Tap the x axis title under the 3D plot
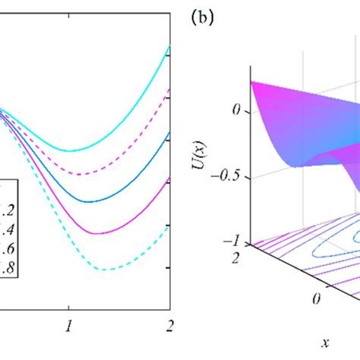pyautogui.click(x=325, y=343)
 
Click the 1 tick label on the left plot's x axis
pyautogui.click(x=69, y=324)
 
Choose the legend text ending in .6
pyautogui.click(x=6, y=247)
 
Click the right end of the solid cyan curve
pyautogui.click(x=169, y=48)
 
